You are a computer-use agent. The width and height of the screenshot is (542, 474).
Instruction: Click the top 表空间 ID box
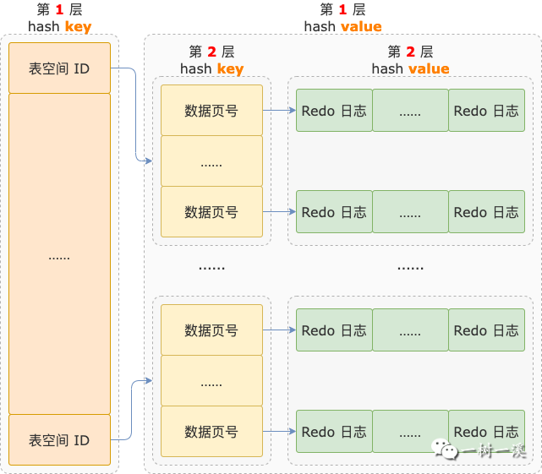pyautogui.click(x=59, y=68)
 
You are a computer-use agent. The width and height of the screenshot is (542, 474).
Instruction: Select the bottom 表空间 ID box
pyautogui.click(x=59, y=439)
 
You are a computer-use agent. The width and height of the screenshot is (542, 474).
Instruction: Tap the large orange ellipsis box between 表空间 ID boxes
pyautogui.click(x=59, y=253)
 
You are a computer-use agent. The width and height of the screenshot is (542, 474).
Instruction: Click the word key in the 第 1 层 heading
pyautogui.click(x=78, y=26)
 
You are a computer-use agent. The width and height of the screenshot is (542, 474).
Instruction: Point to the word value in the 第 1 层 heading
pyautogui.click(x=361, y=26)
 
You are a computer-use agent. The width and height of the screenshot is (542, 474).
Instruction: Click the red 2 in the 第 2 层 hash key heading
pyautogui.click(x=215, y=52)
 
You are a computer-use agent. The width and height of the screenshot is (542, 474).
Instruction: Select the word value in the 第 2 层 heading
pyautogui.click(x=429, y=68)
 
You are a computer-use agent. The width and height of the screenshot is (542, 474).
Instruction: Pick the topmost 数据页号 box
pyautogui.click(x=211, y=111)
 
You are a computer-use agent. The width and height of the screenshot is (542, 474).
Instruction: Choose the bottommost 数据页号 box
pyautogui.click(x=211, y=432)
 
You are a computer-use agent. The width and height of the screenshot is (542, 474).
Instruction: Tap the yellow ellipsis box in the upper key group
pyautogui.click(x=211, y=161)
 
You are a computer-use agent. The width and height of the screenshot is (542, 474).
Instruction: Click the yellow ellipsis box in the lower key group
pyautogui.click(x=211, y=381)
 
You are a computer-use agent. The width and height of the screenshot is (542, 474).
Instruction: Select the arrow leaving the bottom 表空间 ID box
pyautogui.click(x=135, y=414)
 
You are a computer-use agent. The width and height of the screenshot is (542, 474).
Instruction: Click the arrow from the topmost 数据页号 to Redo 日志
pyautogui.click(x=279, y=111)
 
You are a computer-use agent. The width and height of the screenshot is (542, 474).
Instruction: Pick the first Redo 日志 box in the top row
pyautogui.click(x=334, y=111)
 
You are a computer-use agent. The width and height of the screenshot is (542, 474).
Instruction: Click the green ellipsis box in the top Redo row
pyautogui.click(x=410, y=111)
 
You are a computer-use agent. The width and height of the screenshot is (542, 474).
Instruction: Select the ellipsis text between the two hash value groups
pyautogui.click(x=410, y=267)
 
